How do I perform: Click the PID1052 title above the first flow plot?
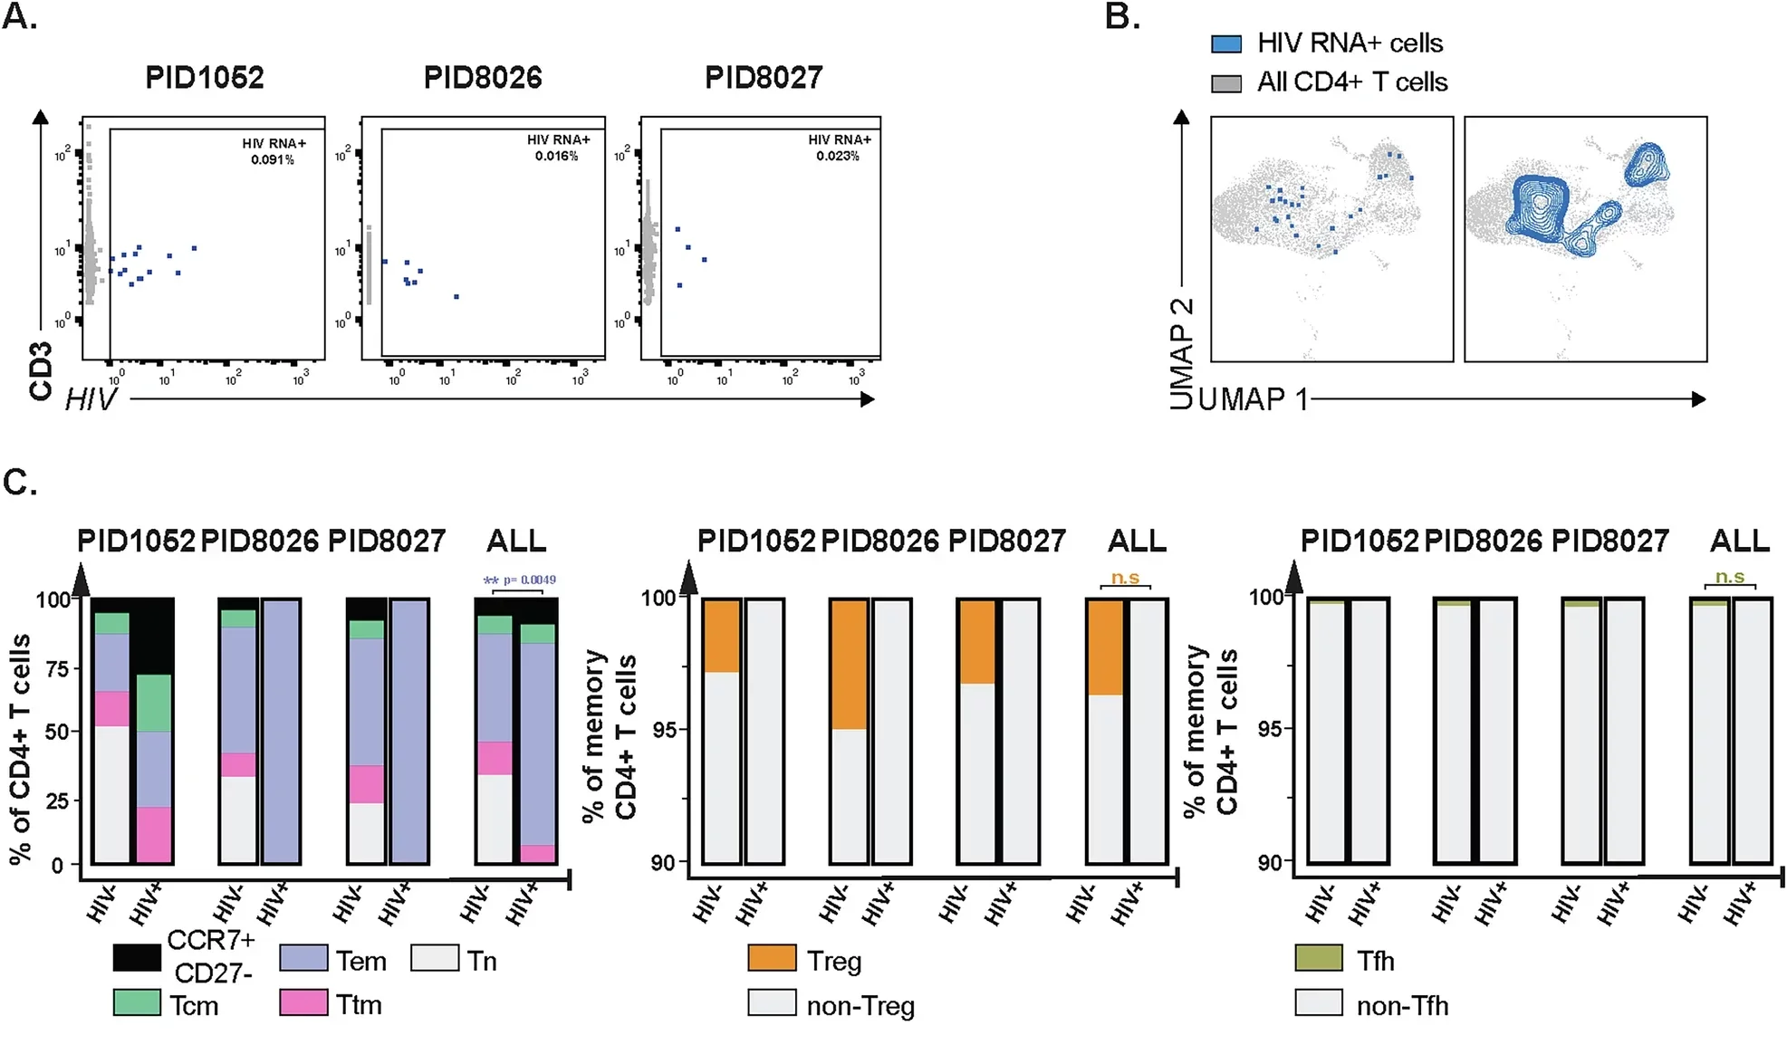point(205,78)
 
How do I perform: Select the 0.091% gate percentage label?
point(273,160)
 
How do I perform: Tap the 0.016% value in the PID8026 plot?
point(556,157)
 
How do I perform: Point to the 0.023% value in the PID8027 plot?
point(838,157)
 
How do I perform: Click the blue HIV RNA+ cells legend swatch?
point(1226,43)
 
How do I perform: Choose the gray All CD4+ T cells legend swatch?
point(1226,83)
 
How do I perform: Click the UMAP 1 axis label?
point(1254,399)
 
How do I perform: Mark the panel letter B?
point(1121,16)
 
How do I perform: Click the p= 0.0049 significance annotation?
point(529,580)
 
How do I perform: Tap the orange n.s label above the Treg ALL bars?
point(1125,578)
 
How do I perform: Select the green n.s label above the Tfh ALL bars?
point(1729,577)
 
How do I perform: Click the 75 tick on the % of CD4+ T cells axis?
point(57,669)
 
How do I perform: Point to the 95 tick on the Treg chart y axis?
point(665,730)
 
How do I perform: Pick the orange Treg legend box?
point(772,958)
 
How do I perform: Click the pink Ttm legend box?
point(303,1002)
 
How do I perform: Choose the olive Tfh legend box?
point(1319,958)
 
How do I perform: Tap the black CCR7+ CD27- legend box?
point(137,958)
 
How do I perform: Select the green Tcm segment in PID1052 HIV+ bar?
point(154,703)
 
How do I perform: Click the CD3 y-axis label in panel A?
point(41,371)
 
